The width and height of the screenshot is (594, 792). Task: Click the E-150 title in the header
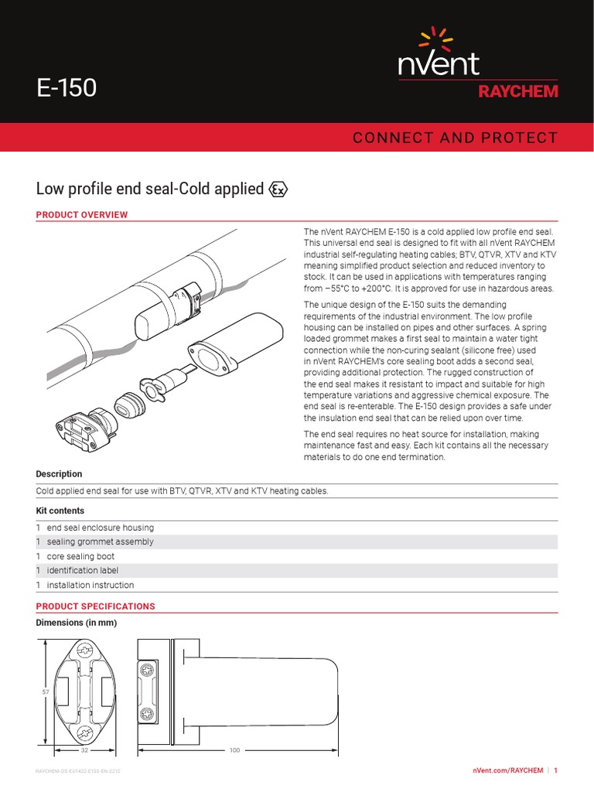67,87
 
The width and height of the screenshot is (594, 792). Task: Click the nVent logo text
439,63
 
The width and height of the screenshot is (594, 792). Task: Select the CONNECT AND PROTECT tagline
454,138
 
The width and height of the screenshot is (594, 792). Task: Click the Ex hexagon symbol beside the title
278,189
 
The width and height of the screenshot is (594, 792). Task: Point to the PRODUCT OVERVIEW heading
82,214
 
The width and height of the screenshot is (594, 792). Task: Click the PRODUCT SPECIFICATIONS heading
96,606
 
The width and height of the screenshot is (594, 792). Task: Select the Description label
59,474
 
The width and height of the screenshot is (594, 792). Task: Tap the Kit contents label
60,511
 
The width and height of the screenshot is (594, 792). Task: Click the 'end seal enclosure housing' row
101,527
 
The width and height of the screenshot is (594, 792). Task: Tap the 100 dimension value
236,750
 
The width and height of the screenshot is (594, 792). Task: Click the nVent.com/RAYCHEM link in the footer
506,771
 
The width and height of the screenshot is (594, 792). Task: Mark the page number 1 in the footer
555,771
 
